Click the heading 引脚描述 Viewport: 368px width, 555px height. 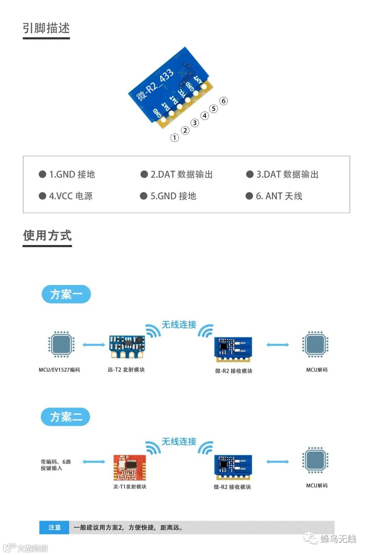click(46, 28)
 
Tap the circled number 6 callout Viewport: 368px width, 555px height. click(224, 101)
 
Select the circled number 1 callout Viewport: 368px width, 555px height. click(174, 138)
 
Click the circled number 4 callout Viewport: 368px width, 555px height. click(204, 116)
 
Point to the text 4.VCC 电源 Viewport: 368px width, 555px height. click(71, 196)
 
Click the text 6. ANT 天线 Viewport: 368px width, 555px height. click(279, 196)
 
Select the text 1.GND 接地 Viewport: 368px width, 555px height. click(72, 174)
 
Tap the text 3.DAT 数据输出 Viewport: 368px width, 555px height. click(287, 174)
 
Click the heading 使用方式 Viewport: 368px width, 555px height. click(47, 236)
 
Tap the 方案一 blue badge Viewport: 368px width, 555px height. click(66, 294)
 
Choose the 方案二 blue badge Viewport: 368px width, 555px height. click(65, 417)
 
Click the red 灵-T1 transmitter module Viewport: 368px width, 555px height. click(129, 467)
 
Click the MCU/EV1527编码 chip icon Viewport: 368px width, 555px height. click(61, 344)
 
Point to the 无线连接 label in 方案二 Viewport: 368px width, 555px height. click(179, 441)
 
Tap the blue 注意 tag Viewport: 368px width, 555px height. click(54, 527)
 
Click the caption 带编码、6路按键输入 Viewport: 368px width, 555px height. click(56, 465)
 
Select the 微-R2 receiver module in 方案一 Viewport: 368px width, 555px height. click(233, 349)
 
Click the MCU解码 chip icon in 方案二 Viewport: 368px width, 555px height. click(315, 460)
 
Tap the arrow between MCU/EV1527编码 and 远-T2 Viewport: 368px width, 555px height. click(94, 345)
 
